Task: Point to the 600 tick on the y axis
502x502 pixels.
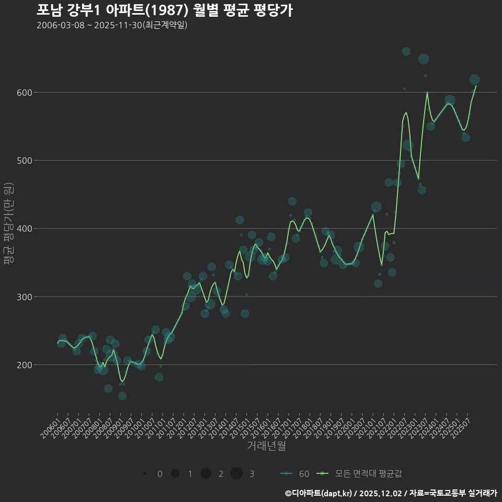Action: (x=25, y=93)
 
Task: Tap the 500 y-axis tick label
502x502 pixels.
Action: (x=25, y=161)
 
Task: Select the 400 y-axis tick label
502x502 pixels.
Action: (x=25, y=229)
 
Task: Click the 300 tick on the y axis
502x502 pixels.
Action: (x=25, y=297)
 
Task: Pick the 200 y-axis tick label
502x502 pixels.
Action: (x=25, y=365)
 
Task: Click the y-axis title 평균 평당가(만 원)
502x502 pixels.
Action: (x=9, y=224)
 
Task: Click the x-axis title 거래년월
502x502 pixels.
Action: (x=266, y=446)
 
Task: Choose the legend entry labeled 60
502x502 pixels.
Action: (x=304, y=474)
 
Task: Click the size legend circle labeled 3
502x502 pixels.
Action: (x=236, y=474)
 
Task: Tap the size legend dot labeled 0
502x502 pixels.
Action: (x=144, y=474)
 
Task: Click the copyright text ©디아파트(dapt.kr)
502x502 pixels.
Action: (x=318, y=493)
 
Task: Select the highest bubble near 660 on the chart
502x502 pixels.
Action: (x=406, y=51)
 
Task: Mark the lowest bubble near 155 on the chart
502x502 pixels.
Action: (x=122, y=396)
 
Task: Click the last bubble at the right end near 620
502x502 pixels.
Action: (x=474, y=79)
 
